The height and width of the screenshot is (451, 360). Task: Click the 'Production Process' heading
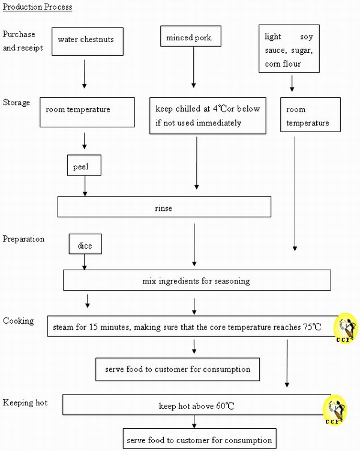tap(38, 7)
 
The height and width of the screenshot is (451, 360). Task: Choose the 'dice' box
tap(85, 244)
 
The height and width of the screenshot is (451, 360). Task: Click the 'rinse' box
tap(164, 207)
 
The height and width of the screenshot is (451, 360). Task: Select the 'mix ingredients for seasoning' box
tap(197, 280)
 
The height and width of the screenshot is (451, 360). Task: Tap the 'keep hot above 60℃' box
tap(196, 405)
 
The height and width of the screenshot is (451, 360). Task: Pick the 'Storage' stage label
tap(16, 103)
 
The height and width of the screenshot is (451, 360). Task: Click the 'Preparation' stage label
tap(23, 239)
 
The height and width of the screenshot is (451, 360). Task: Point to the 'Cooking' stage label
tap(18, 321)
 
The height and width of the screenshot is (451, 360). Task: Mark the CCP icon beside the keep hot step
tap(335, 410)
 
